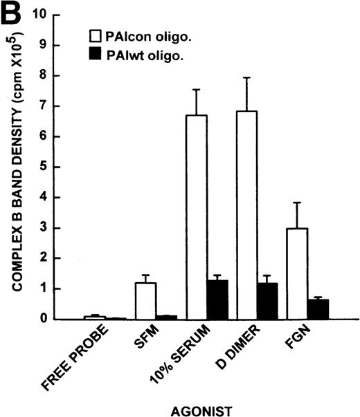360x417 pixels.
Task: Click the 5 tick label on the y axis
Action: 42,167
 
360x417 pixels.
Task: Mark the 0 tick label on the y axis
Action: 42,319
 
